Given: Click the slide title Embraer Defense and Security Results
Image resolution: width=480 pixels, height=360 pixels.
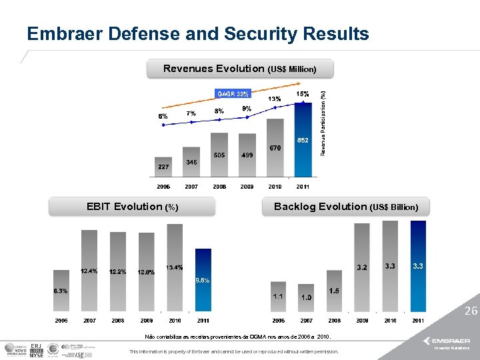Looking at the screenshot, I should coord(197,34).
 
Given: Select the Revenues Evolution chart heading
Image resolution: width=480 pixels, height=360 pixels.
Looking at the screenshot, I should coord(239,69).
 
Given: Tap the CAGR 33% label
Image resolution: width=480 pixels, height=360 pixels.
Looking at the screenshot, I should coord(231,93).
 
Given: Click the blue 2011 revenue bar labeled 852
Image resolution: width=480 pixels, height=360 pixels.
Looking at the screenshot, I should coord(303,150).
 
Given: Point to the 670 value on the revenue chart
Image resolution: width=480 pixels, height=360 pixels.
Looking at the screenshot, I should coord(275,147).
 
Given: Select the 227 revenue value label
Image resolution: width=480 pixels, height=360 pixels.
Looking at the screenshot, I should coord(163,166).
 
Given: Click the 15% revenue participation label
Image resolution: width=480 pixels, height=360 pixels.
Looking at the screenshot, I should coord(302,95).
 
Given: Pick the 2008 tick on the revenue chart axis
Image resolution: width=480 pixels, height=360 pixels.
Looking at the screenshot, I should coord(219,187).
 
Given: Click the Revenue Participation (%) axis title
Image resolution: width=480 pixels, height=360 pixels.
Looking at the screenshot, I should coord(323,124).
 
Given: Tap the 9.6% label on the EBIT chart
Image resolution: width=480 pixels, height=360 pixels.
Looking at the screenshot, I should coord(202,280).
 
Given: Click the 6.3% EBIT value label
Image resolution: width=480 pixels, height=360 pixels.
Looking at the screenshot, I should coord(61,291).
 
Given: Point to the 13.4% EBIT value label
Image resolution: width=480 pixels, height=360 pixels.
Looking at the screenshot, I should coord(175,267).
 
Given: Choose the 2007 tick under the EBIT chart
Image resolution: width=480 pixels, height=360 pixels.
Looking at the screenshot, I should coord(89,321).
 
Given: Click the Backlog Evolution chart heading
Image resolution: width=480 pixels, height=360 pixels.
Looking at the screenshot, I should coord(346,207).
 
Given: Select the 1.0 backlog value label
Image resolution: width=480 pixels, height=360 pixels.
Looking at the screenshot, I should coord(307,297).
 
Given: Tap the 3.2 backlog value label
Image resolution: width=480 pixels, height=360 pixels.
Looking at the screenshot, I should coord(362,267).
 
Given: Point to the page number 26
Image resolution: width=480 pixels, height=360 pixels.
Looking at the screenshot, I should coord(471,311).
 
